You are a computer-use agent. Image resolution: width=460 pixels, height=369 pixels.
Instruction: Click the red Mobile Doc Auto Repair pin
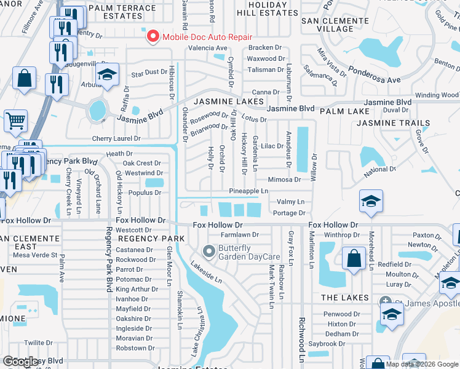coord(151,37)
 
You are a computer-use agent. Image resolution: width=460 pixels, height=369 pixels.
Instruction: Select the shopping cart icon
coord(17,121)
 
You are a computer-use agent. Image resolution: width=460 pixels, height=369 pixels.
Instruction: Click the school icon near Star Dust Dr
coord(108,76)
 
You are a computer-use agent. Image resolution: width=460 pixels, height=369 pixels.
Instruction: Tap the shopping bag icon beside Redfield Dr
coord(354,258)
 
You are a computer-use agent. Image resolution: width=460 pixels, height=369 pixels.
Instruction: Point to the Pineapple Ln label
coord(248,191)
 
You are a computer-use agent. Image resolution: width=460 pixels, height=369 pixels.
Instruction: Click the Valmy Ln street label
coord(290,202)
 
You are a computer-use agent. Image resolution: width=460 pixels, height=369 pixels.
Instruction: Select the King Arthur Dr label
coord(133,289)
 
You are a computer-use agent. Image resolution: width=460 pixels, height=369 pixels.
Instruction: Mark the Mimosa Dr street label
coord(284,180)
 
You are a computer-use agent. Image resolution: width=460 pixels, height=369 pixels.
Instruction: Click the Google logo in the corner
coord(21,362)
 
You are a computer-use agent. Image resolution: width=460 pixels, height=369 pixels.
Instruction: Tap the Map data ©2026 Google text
coord(422,364)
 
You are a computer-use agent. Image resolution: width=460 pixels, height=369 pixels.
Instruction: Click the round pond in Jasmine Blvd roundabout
coord(97,111)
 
